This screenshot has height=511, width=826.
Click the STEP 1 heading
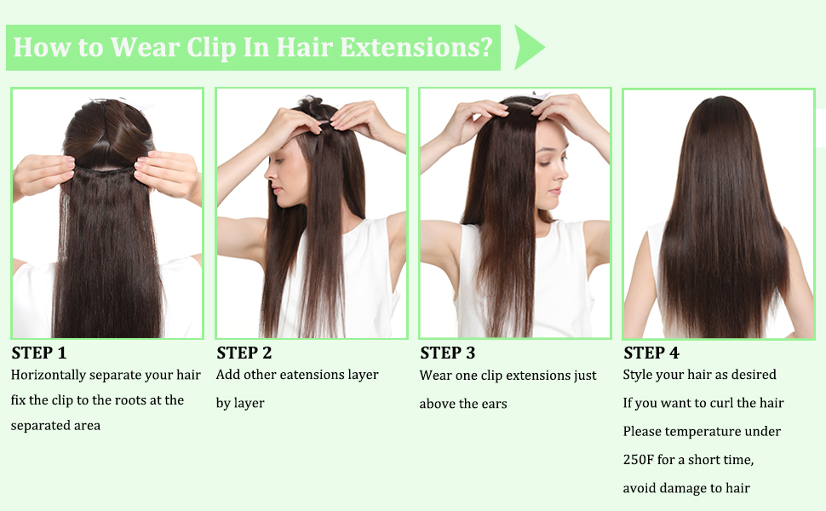tap(38, 353)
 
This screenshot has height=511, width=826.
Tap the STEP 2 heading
tap(244, 353)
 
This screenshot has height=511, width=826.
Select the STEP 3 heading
tap(447, 353)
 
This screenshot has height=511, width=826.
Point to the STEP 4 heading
tap(651, 353)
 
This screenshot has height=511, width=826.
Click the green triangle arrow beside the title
tap(528, 47)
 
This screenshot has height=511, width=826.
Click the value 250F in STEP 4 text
tap(641, 460)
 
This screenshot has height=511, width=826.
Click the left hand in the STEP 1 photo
tap(42, 174)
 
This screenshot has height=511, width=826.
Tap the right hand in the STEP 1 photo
tap(169, 174)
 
